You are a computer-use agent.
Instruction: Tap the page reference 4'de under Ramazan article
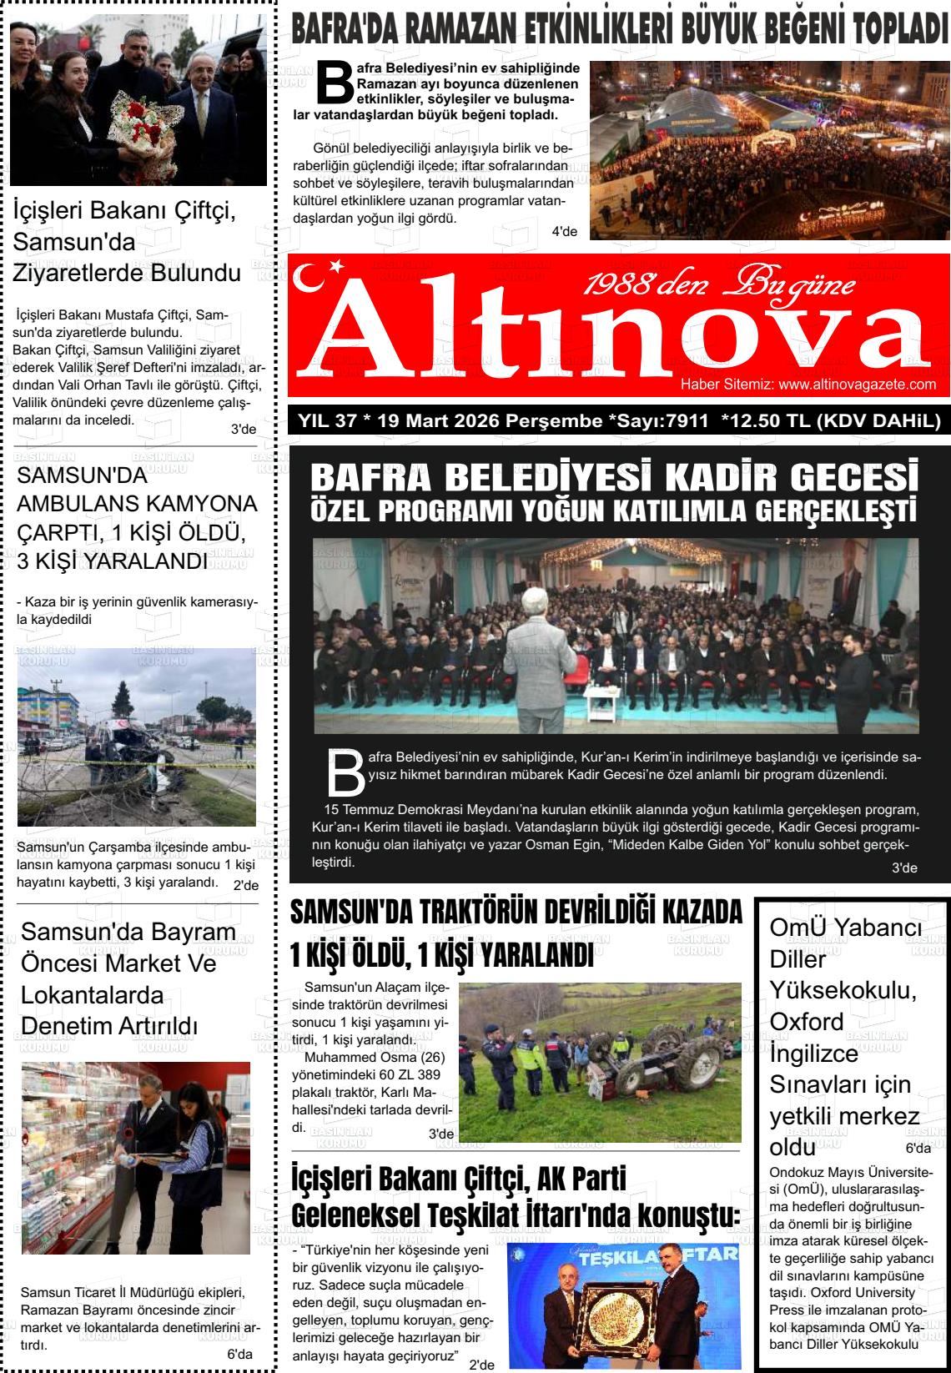pyautogui.click(x=564, y=231)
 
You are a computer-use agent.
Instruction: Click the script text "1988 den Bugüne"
pyautogui.click(x=719, y=286)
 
